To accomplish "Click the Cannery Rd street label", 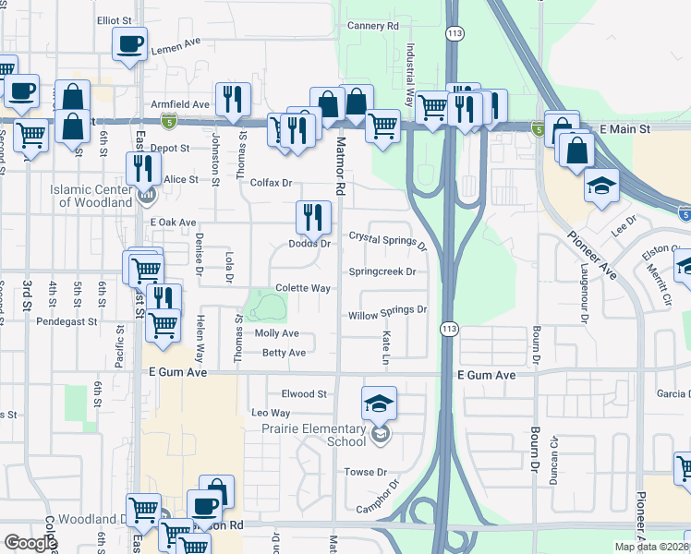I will [372, 26].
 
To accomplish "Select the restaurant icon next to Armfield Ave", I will [233, 98].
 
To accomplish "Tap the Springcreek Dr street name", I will [382, 271].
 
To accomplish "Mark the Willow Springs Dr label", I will [388, 314].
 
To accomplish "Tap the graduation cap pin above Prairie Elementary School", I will [379, 403].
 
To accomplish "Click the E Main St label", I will [630, 129].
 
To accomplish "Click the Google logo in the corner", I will [30, 543].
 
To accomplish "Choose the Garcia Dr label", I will [673, 394].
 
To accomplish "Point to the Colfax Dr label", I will [271, 183].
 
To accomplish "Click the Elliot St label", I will [115, 19].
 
